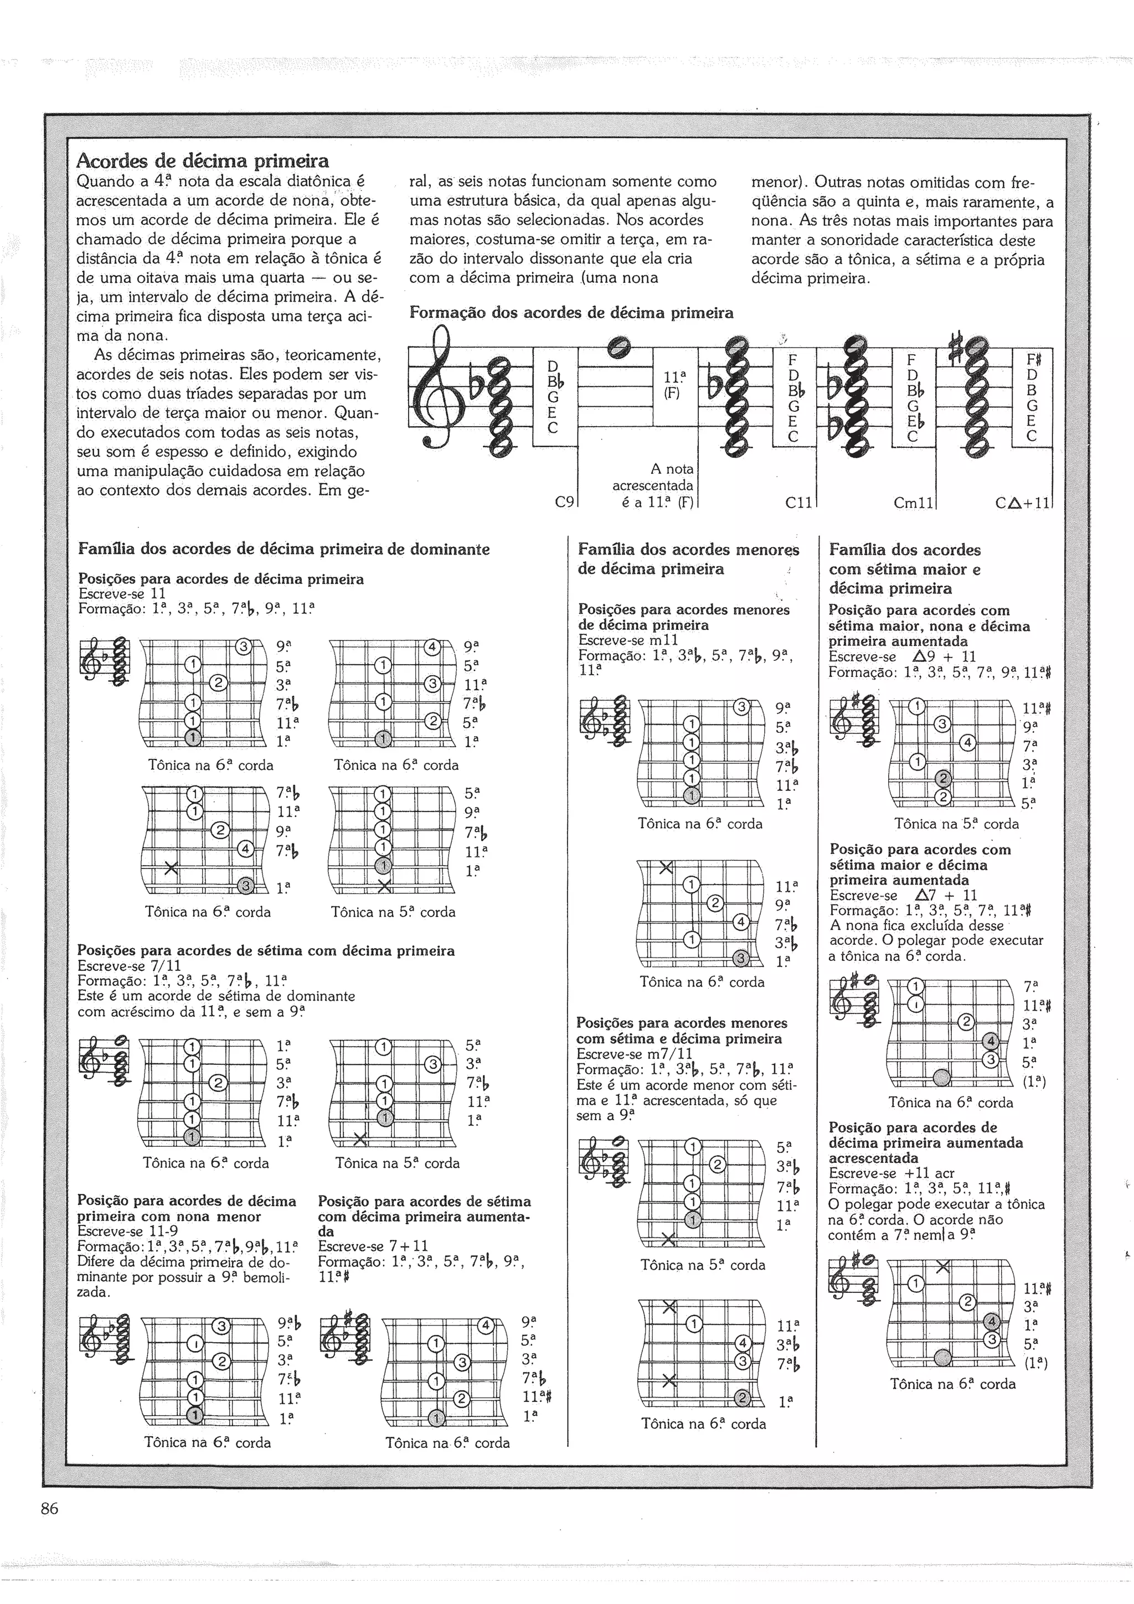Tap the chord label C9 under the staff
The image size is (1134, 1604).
tap(564, 501)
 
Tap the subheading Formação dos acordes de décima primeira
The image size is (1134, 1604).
tap(571, 312)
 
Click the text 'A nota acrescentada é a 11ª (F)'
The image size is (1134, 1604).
tap(653, 485)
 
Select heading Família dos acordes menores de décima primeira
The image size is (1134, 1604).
tap(688, 559)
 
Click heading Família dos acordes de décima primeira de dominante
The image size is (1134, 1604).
tap(283, 549)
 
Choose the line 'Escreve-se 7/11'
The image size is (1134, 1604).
tap(128, 965)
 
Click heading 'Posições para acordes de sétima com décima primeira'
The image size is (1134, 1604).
tap(266, 950)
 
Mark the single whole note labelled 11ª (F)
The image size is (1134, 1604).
tap(619, 345)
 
